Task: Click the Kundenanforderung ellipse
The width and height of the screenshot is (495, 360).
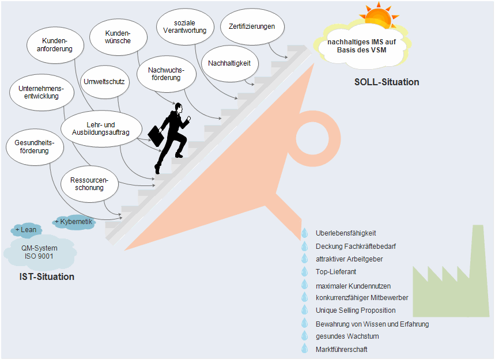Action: pos(58,45)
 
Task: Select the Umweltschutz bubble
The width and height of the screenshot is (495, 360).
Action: pos(104,81)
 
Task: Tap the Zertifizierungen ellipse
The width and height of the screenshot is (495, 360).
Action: pos(248,26)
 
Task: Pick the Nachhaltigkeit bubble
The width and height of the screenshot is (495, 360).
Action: pos(229,63)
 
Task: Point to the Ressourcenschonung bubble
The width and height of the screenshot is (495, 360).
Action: pos(89,184)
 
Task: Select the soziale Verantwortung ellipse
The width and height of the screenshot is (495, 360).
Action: pos(186,26)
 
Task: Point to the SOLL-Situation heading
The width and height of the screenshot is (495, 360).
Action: pos(386,82)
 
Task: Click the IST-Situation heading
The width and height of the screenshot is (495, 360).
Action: pos(47,277)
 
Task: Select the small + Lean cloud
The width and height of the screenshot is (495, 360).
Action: pos(26,230)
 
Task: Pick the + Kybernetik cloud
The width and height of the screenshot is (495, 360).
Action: pos(73,221)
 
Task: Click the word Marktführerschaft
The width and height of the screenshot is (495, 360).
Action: pos(341,350)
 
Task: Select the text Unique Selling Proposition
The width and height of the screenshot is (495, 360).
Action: pos(356,310)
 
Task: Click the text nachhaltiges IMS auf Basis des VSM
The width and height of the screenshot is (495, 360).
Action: pos(361,46)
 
